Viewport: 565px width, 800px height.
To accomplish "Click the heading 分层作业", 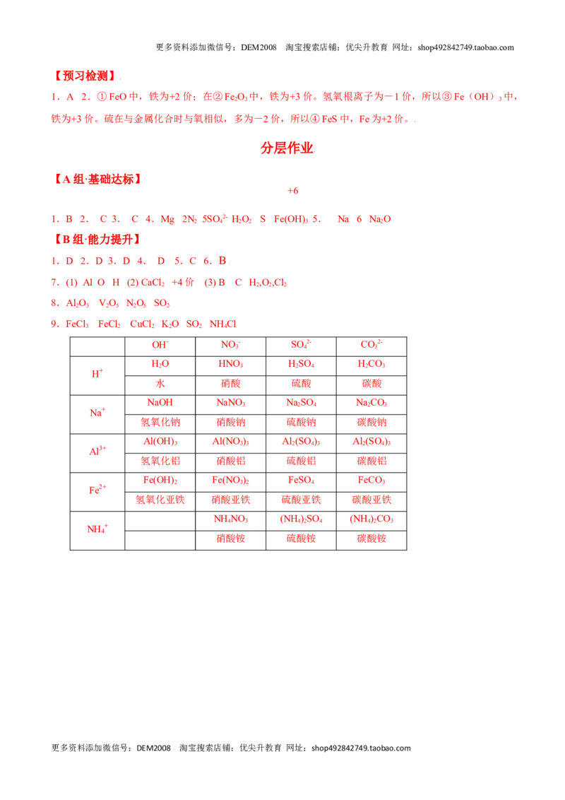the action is [x=287, y=148].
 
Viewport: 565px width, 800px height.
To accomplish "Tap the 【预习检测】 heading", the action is [x=85, y=76].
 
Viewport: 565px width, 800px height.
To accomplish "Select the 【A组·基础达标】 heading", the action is [x=97, y=179].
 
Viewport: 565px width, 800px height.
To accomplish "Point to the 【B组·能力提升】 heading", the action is [x=97, y=240].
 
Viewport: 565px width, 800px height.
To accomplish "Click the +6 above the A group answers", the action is [x=292, y=191].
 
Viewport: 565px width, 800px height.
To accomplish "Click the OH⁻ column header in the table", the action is [x=160, y=345].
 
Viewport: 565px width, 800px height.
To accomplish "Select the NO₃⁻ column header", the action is [x=230, y=345].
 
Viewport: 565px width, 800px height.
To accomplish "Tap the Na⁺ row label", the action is [x=97, y=412].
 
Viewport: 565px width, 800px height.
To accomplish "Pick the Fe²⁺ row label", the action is [x=97, y=490].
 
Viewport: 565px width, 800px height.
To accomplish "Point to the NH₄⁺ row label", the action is [x=97, y=529].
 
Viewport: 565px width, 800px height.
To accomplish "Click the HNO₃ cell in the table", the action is [x=230, y=364].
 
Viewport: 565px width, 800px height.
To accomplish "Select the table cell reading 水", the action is [x=160, y=384].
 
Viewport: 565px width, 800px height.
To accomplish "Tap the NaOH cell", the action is [x=160, y=403].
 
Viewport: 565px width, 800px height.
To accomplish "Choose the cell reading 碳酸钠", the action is [x=371, y=423].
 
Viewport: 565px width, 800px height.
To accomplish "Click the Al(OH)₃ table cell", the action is [x=160, y=442].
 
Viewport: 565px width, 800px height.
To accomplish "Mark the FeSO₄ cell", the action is [x=301, y=481].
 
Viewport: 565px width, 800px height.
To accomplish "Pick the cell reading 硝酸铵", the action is [x=230, y=539].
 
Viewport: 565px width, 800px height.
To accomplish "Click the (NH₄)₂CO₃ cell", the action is [x=371, y=519].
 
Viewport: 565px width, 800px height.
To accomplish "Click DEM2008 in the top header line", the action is [x=258, y=47].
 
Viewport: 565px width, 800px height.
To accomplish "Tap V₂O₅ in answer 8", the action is [x=109, y=304].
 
